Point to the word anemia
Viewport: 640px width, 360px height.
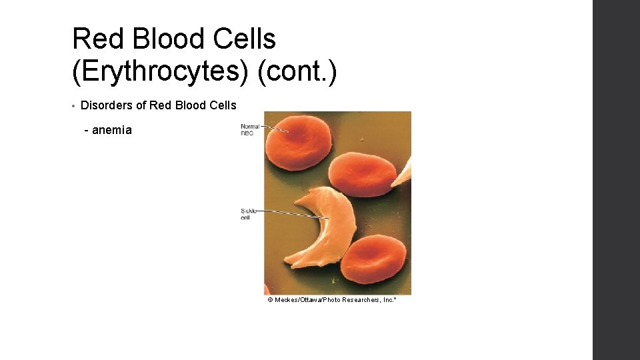[111, 130]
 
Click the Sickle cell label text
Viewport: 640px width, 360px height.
[247, 214]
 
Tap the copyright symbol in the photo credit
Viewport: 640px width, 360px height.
[270, 300]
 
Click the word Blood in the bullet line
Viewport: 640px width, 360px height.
[194, 105]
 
